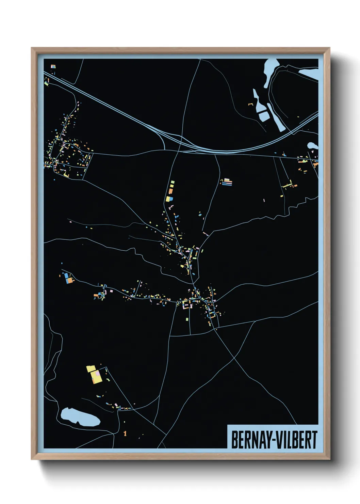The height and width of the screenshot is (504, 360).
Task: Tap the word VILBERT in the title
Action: coord(296,440)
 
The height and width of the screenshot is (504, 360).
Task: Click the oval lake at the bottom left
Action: coord(80,416)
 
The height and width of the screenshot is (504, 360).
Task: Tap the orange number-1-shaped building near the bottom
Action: coord(125,433)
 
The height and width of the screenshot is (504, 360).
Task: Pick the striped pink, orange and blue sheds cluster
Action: coord(227,183)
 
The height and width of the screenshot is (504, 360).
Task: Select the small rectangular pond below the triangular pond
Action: coord(264,116)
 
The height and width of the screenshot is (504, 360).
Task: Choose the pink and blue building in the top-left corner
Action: coord(53,67)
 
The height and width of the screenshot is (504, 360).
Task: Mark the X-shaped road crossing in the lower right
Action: coord(234,357)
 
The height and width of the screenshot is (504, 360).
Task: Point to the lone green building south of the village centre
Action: coord(187,319)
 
